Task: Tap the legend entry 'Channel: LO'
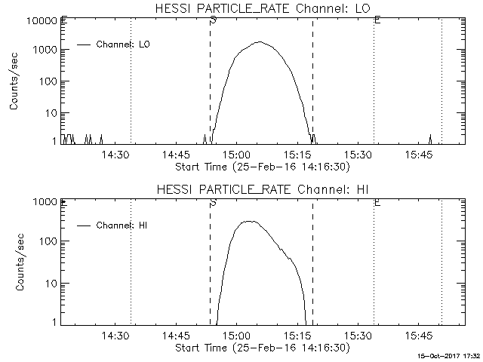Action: coord(124,44)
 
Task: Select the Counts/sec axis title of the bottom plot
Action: coord(15,262)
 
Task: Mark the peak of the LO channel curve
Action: coord(259,42)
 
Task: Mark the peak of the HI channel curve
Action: coord(248,221)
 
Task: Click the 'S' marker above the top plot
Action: coord(214,20)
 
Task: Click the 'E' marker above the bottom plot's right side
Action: coord(377,202)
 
